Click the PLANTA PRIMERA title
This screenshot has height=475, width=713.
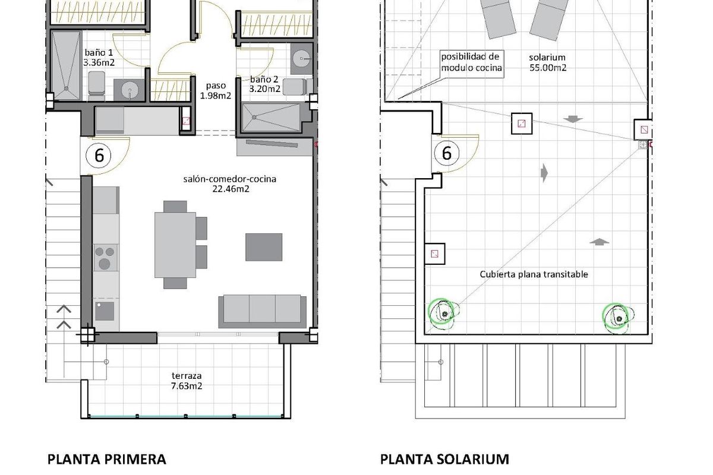(x=106, y=459)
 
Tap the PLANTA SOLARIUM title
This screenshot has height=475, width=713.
(x=444, y=459)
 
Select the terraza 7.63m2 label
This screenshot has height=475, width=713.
(x=186, y=380)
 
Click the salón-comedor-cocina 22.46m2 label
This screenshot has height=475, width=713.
(x=230, y=184)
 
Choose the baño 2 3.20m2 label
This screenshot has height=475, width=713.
(x=265, y=84)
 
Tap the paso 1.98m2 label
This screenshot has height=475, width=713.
(x=214, y=90)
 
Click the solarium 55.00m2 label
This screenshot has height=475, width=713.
(x=547, y=62)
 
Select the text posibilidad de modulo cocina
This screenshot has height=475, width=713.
(x=471, y=62)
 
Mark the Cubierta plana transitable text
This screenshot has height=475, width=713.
(x=534, y=274)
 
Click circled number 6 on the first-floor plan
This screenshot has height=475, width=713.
(x=99, y=156)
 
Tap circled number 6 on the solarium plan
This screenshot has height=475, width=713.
(x=447, y=153)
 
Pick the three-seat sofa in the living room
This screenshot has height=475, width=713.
(x=262, y=311)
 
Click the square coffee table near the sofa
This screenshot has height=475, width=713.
(x=264, y=247)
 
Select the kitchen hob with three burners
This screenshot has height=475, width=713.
(x=105, y=258)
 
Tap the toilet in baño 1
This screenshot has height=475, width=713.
(x=96, y=85)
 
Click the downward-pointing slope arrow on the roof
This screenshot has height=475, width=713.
(x=573, y=119)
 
